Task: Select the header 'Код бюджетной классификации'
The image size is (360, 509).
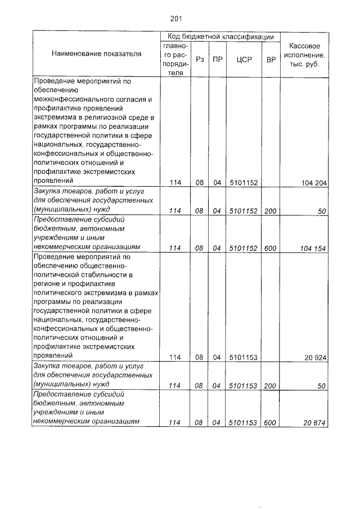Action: (220, 36)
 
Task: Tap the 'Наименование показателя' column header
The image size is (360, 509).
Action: (96, 54)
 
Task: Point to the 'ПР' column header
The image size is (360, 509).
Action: (217, 59)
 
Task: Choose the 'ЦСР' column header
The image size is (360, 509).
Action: (244, 59)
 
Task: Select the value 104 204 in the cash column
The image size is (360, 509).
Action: (314, 183)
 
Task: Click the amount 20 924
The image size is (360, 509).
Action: (317, 357)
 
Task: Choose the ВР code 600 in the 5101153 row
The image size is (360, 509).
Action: (271, 423)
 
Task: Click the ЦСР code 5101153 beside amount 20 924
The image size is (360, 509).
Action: (244, 357)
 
